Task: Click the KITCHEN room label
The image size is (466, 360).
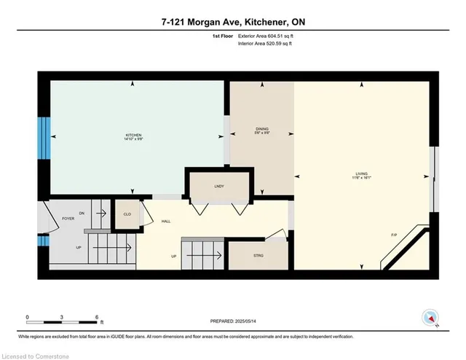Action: (x=134, y=135)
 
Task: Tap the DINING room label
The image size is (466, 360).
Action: (x=262, y=129)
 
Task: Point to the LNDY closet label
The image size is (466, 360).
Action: (x=218, y=186)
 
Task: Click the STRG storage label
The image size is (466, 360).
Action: (x=258, y=255)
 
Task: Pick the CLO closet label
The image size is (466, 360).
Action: (x=127, y=214)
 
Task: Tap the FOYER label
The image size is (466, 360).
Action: (x=68, y=218)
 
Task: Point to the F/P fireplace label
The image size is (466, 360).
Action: (x=393, y=235)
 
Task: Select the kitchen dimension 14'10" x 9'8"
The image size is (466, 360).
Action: (x=134, y=140)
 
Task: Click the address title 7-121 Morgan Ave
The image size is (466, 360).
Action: (x=232, y=22)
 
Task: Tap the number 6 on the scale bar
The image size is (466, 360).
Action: (x=97, y=317)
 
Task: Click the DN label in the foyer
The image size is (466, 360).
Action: (x=82, y=212)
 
